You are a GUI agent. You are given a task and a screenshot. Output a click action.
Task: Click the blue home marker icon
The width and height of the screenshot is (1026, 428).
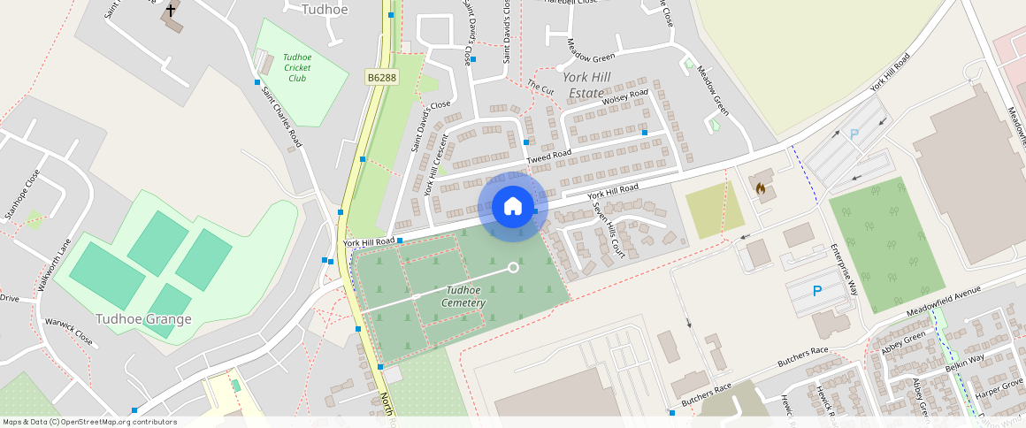tap(513, 206)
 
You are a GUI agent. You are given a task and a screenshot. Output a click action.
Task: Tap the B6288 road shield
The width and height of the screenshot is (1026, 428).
tap(382, 78)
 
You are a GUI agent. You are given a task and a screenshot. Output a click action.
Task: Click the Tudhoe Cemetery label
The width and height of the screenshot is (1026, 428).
tap(464, 296)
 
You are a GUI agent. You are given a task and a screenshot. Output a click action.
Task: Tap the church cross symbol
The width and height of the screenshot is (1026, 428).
tap(171, 11)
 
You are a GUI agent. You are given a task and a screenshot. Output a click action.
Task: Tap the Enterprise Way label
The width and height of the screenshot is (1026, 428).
tap(845, 269)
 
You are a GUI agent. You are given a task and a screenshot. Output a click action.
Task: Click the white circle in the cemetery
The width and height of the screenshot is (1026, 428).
tap(513, 267)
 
